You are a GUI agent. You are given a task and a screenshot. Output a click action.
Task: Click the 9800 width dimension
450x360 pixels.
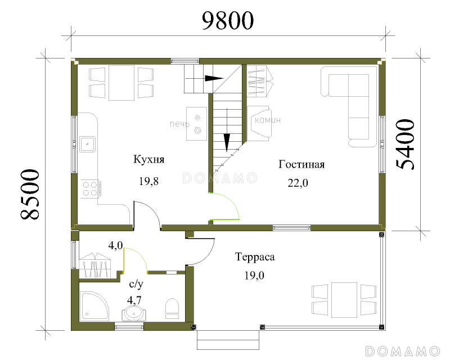tap(228, 20)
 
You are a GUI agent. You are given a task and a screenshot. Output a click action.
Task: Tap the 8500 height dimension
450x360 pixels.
tap(30, 195)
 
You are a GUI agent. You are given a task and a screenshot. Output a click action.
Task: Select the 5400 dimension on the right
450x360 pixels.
tap(405, 145)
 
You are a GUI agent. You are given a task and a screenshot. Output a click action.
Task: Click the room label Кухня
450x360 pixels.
tap(148, 159)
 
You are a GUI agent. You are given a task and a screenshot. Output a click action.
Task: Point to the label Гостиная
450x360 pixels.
tap(301, 164)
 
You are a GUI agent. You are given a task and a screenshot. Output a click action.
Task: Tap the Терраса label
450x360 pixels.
tap(255, 256)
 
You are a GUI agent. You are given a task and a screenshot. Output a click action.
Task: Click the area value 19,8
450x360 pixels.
tap(148, 182)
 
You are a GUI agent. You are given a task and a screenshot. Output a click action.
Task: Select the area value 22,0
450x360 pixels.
tap(298, 183)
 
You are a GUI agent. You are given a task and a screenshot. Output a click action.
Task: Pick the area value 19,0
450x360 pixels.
tap(254, 276)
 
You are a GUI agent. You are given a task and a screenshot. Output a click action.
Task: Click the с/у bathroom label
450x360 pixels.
tap(136, 284)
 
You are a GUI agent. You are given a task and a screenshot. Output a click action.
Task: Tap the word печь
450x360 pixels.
tap(179, 124)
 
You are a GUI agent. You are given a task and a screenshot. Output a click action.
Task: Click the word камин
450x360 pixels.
tap(268, 120)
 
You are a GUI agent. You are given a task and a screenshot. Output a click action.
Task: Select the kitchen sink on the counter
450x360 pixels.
tap(88, 144)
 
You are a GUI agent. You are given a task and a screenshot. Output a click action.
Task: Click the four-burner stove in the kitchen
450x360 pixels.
tap(90, 189)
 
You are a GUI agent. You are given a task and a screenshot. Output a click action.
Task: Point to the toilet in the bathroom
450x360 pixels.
tap(172, 308)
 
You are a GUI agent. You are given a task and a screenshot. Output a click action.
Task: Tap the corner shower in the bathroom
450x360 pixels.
tap(94, 307)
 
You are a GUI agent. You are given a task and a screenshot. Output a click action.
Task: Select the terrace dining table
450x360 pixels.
tap(344, 300)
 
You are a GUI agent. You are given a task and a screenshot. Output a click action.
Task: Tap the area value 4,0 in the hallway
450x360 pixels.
tap(115, 245)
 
